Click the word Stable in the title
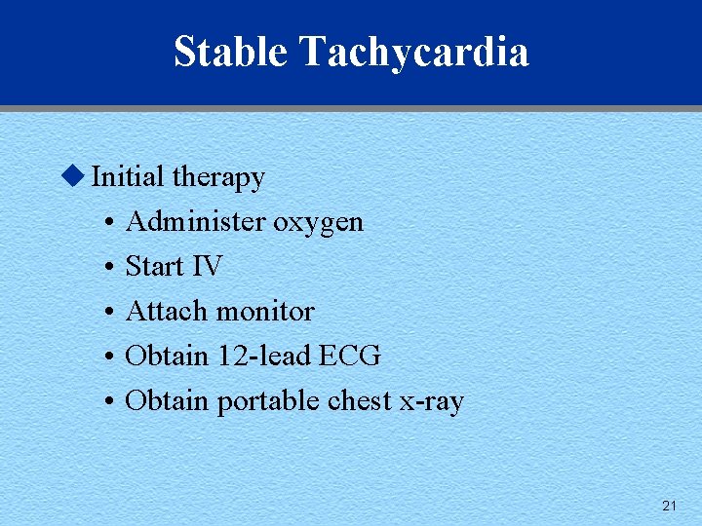coord(231,52)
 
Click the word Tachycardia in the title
coord(414,52)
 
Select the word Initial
coord(128,177)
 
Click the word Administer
coord(195,222)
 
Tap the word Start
coord(153,266)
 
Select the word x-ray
coord(432,402)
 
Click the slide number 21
coord(669,506)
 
